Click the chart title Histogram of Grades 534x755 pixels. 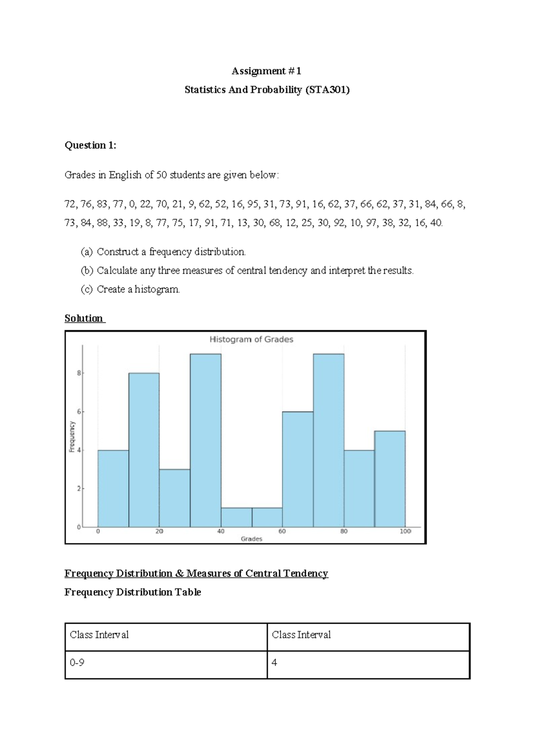click(x=251, y=339)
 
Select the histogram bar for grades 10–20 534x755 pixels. click(x=144, y=450)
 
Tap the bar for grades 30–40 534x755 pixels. click(x=205, y=441)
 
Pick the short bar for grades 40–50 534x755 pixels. click(x=236, y=517)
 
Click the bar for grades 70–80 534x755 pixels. click(x=328, y=441)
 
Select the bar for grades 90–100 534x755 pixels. click(x=389, y=479)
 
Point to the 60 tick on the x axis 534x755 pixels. click(x=282, y=532)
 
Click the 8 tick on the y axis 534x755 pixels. click(x=79, y=373)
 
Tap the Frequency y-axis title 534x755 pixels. click(x=72, y=437)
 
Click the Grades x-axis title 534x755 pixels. click(x=251, y=539)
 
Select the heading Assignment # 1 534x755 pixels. click(x=267, y=71)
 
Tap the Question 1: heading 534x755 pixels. click(x=90, y=145)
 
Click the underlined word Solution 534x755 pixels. click(x=84, y=318)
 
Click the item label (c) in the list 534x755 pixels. click(x=86, y=289)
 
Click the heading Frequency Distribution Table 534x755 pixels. click(x=133, y=592)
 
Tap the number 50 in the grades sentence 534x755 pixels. click(x=162, y=175)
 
